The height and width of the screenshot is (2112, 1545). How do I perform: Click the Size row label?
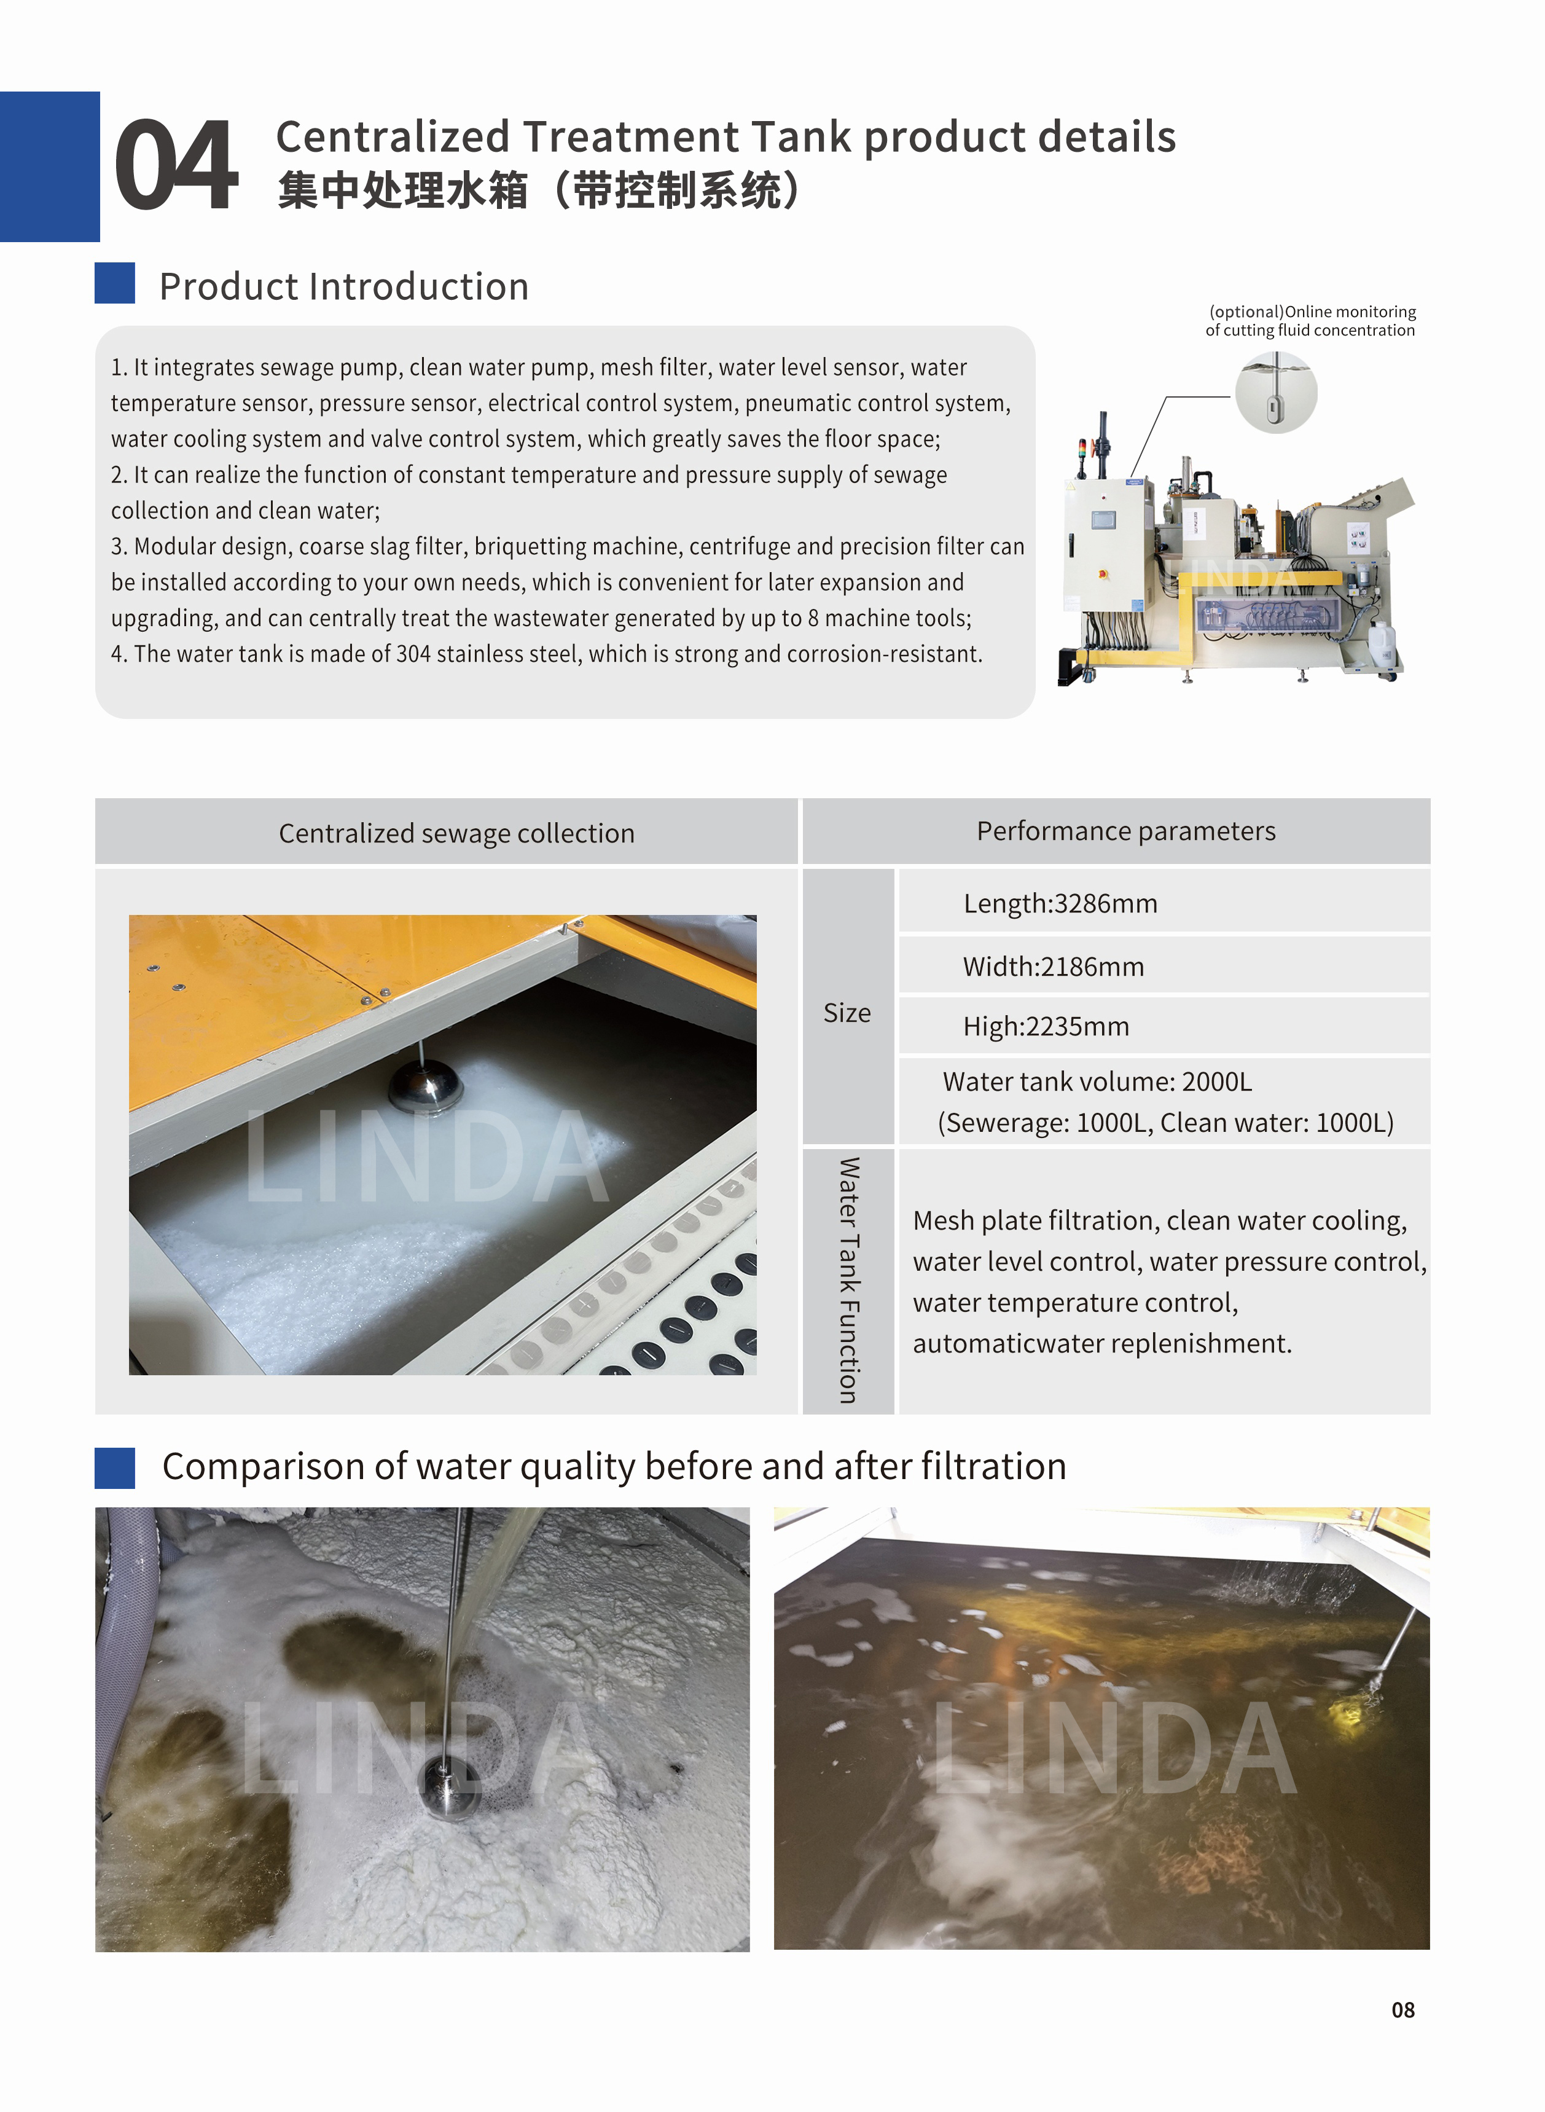[x=847, y=1013]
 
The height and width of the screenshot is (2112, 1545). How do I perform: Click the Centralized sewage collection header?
[x=456, y=833]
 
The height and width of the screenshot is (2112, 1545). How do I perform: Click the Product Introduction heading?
[x=343, y=286]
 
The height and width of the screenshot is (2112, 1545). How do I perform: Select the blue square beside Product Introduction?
[x=115, y=283]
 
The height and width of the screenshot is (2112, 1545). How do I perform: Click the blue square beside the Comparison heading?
[x=115, y=1467]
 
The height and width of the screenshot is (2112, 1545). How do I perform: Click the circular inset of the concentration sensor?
[x=1276, y=393]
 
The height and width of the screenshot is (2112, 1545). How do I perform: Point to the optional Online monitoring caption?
[x=1310, y=321]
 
